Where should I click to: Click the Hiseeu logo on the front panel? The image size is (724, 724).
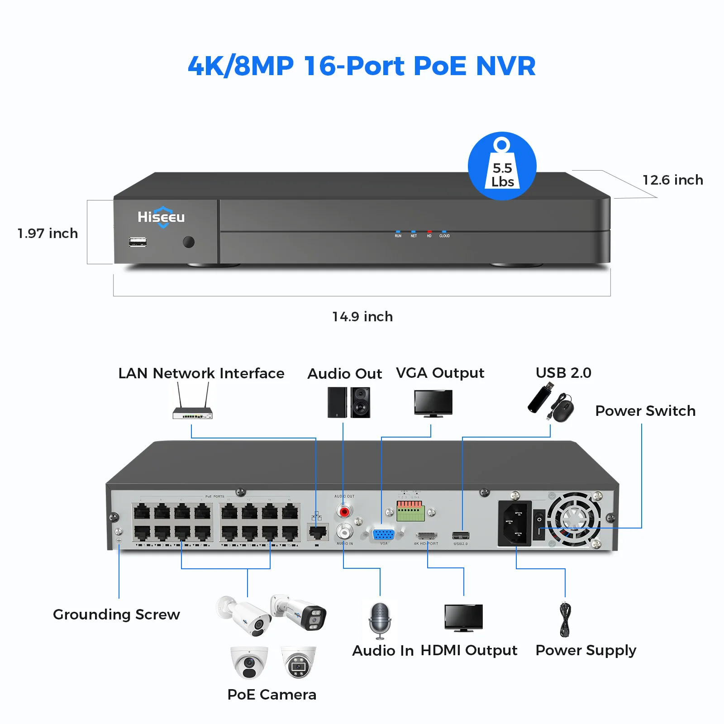tap(161, 217)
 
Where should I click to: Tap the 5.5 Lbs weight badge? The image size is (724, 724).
tap(502, 166)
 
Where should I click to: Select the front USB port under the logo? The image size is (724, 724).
tap(138, 242)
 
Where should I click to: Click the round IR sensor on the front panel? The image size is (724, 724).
tap(189, 242)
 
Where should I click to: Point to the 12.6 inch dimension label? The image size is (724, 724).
tap(672, 180)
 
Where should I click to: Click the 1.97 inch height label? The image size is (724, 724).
tap(48, 233)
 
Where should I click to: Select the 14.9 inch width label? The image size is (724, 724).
tap(362, 317)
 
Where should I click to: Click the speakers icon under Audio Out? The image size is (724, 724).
tap(349, 402)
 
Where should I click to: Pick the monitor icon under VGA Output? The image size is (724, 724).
tap(433, 403)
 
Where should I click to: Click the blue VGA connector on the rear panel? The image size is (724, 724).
tap(383, 534)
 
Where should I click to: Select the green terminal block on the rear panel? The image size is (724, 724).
tap(410, 512)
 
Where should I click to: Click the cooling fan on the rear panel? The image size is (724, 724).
tap(574, 519)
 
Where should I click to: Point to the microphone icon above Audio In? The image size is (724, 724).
tap(380, 620)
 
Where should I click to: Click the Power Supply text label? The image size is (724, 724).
tap(586, 650)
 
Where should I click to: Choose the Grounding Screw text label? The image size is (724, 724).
tap(116, 614)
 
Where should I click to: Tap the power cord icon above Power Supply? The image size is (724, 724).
tap(565, 620)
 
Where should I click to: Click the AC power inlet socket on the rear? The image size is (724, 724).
tap(514, 524)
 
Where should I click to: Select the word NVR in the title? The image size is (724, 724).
tap(505, 66)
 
